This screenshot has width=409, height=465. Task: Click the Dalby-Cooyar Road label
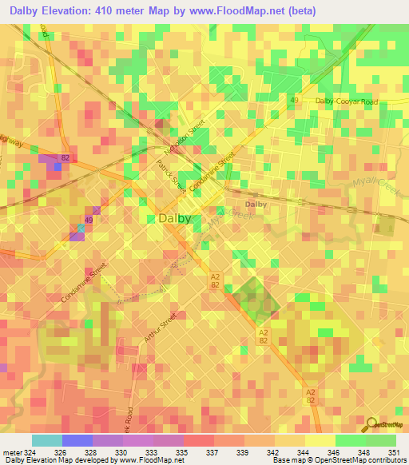click(345, 101)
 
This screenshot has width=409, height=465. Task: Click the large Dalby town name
click(174, 218)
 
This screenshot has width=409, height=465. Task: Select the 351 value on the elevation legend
click(394, 453)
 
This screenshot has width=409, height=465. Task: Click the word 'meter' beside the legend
click(12, 453)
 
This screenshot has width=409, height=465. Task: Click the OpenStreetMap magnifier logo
click(371, 425)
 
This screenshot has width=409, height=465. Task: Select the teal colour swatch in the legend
click(47, 440)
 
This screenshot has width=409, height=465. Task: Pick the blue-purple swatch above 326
click(77, 440)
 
